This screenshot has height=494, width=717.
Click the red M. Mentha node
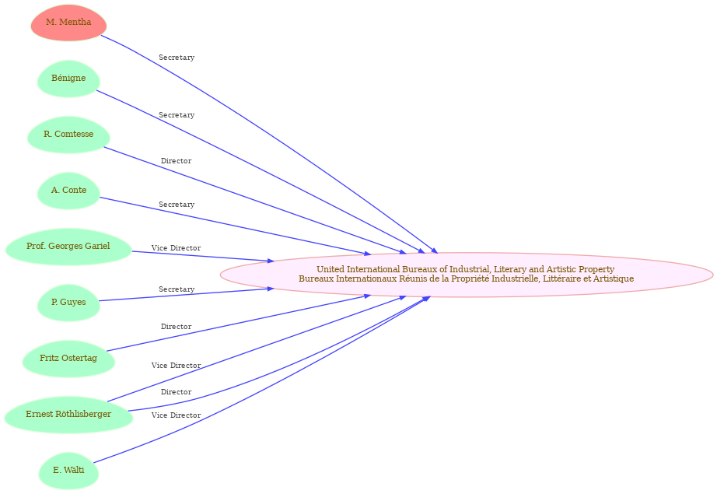(68, 23)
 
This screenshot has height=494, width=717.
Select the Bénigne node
(68, 79)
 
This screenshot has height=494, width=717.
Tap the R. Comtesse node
(68, 135)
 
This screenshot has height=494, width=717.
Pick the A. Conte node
(68, 191)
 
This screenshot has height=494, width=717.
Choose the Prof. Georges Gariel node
(68, 247)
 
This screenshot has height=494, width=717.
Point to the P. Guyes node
(68, 303)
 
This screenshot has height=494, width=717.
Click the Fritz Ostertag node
(68, 359)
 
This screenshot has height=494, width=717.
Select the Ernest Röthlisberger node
(68, 415)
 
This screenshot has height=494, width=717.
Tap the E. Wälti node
(68, 471)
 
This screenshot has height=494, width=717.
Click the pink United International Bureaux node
(467, 275)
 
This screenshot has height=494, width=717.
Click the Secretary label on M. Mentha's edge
(177, 58)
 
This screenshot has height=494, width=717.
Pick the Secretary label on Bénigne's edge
(177, 115)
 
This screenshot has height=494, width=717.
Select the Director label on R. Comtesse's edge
(176, 161)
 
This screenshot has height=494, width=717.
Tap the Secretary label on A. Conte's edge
(177, 205)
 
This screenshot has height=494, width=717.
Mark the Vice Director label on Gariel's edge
(176, 248)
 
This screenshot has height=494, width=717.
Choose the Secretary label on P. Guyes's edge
(177, 289)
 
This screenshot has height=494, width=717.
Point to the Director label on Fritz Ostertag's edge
(176, 327)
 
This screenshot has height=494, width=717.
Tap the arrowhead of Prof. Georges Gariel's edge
(271, 261)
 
